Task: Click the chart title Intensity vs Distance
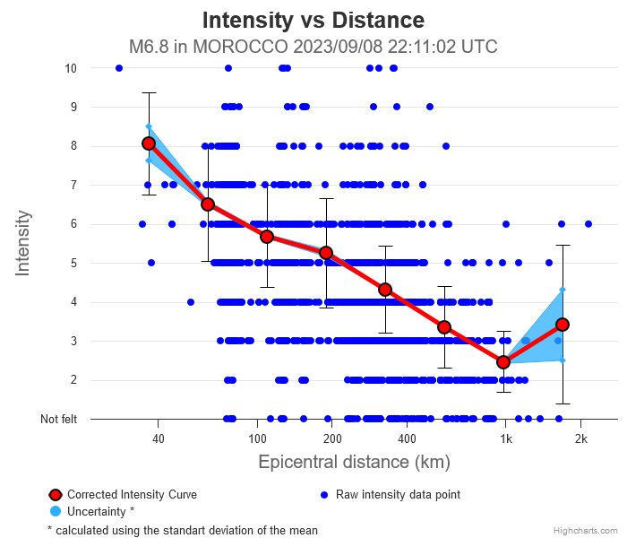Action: click(313, 20)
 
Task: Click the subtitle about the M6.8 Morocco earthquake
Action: click(313, 47)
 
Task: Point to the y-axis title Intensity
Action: click(23, 243)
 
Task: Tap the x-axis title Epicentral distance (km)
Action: click(354, 463)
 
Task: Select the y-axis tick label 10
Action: click(71, 68)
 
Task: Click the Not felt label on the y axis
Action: click(58, 419)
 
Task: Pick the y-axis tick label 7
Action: click(73, 185)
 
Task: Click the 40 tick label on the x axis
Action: click(159, 438)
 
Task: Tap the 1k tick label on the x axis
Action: click(505, 438)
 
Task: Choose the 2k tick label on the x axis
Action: click(580, 438)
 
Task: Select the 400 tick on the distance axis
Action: click(407, 438)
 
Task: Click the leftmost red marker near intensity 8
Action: click(149, 143)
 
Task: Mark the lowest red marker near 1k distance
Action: click(503, 362)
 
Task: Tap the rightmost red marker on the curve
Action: click(563, 325)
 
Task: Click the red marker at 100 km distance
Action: click(267, 237)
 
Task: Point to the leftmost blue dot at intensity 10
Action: click(119, 68)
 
